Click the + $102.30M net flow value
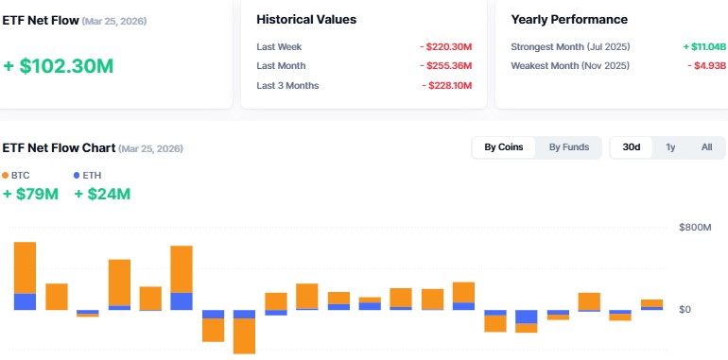59,66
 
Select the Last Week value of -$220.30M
447,46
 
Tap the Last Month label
282,66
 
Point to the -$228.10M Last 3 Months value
447,86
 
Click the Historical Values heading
306,19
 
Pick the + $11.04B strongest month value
704,46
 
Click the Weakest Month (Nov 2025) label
570,65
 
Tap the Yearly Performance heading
569,19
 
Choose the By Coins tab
504,147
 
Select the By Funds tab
569,147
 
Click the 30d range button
631,147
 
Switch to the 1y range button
670,147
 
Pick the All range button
706,147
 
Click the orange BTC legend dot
6,176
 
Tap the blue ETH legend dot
77,176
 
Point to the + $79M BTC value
30,195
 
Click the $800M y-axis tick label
695,228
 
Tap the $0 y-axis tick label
685,309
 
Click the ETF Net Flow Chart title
59,148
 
